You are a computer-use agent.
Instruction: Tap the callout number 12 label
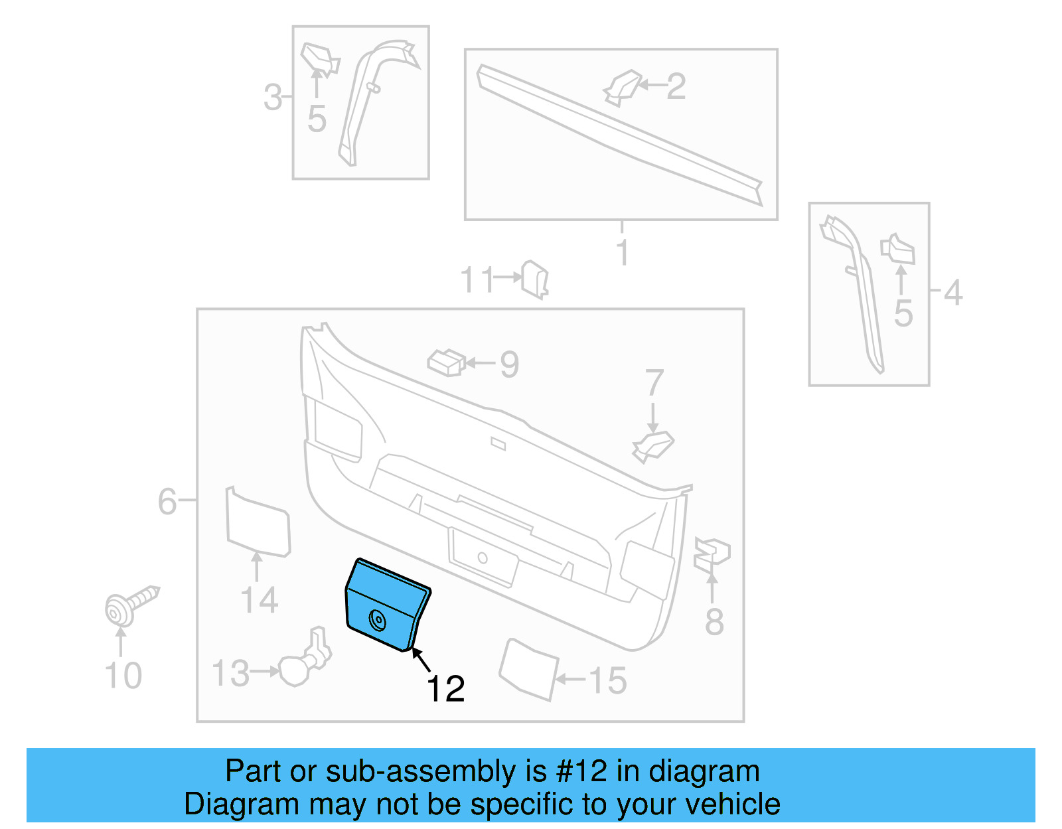[x=445, y=689]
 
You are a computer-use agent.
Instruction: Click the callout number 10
[x=123, y=676]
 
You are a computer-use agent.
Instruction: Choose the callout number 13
[x=230, y=673]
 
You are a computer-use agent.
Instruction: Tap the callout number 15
[x=607, y=680]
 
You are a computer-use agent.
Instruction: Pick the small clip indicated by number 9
[x=446, y=362]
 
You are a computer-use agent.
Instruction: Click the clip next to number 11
[x=535, y=279]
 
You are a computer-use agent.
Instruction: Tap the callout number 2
[x=676, y=86]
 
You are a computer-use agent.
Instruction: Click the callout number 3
[x=273, y=97]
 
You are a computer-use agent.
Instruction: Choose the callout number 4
[x=953, y=292]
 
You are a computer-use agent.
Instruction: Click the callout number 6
[x=167, y=501]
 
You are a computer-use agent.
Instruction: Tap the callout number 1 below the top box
[x=622, y=253]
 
